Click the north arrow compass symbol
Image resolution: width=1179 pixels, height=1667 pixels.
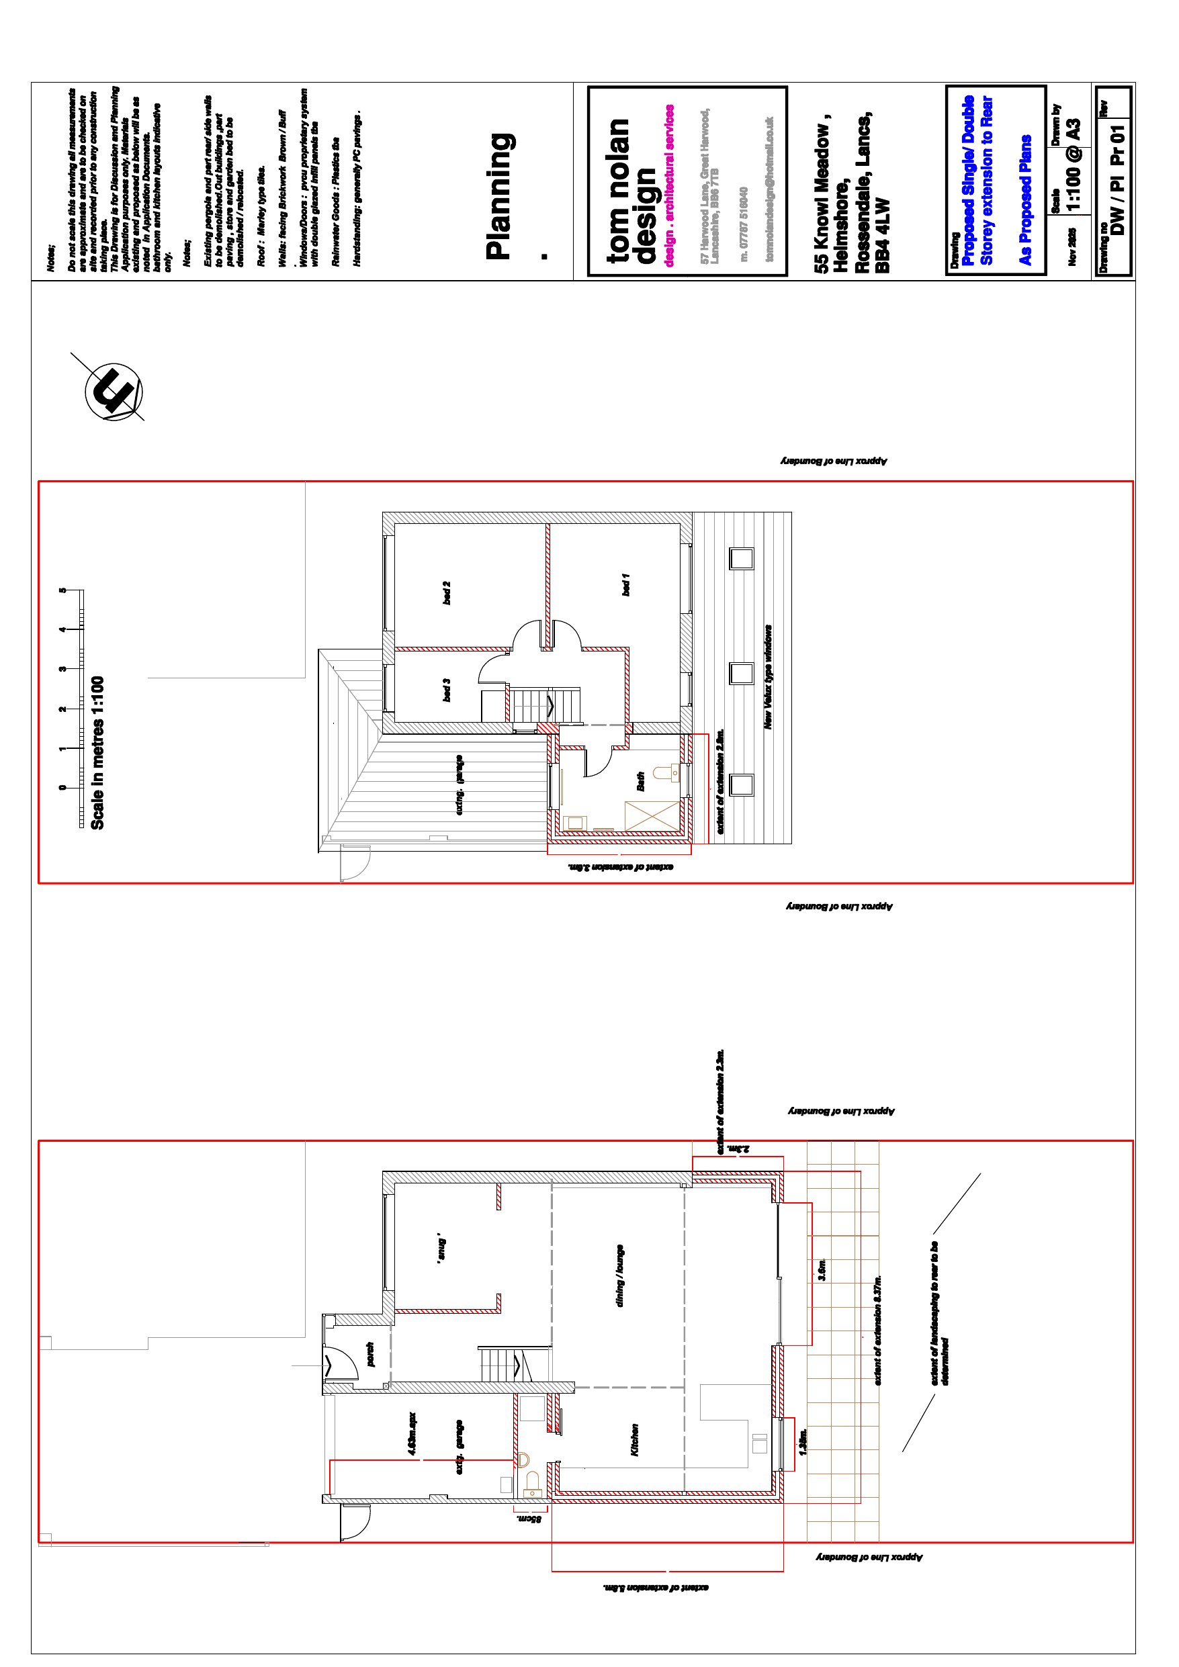click(x=114, y=392)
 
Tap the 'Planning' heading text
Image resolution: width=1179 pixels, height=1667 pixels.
click(x=500, y=196)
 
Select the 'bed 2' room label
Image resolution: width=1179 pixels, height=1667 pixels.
click(x=446, y=592)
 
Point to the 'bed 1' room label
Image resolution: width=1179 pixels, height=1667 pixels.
click(x=625, y=584)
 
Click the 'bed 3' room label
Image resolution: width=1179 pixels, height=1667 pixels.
click(x=446, y=690)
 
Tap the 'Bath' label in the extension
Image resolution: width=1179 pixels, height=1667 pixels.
click(x=640, y=781)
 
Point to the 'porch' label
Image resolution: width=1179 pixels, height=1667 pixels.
click(x=369, y=1355)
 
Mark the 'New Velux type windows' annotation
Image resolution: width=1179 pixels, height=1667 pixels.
click(x=768, y=678)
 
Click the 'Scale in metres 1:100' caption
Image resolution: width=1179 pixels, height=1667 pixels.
click(x=97, y=753)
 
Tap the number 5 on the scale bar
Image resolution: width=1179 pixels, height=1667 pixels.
click(x=63, y=590)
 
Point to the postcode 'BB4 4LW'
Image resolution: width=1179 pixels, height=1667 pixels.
click(x=882, y=235)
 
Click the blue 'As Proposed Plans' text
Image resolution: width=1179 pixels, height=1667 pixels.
click(x=1025, y=199)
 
